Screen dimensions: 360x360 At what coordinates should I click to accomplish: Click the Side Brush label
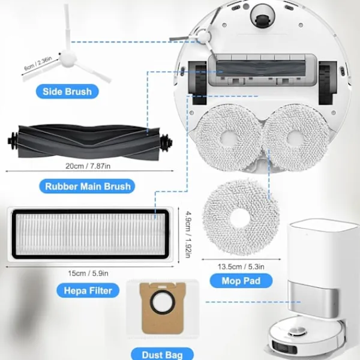(67, 92)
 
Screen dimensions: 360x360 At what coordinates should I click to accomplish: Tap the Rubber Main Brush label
(88, 186)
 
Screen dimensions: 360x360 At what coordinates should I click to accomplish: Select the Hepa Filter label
(88, 291)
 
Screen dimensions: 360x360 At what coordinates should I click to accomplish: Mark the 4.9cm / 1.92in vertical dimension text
(190, 235)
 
